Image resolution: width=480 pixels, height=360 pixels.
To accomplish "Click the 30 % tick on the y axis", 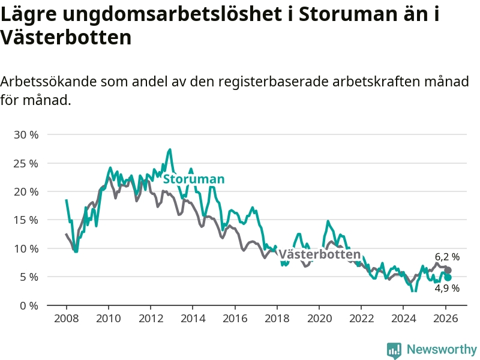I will click(26, 134).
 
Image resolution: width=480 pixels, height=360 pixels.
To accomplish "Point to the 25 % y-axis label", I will click(26, 163).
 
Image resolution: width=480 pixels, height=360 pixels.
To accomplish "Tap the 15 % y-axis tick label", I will click(26, 220).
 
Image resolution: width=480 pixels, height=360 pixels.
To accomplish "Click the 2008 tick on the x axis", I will click(66, 318).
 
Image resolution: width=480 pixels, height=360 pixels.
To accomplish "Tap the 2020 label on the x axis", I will click(319, 318).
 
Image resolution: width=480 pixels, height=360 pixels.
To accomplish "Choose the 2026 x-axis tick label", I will click(446, 318).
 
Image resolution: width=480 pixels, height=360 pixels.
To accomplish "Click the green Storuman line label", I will click(194, 179).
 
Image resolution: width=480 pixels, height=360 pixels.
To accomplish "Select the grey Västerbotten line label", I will click(319, 254).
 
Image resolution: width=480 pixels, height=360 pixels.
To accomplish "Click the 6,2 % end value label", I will click(447, 257).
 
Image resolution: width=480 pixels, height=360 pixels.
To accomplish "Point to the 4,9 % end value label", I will click(447, 289).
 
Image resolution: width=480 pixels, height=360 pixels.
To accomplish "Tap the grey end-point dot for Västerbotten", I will click(448, 270).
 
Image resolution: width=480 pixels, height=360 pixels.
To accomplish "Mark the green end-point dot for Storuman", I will click(448, 277).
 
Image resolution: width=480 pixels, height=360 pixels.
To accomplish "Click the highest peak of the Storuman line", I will click(170, 149).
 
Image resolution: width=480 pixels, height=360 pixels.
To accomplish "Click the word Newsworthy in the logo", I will click(442, 349).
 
